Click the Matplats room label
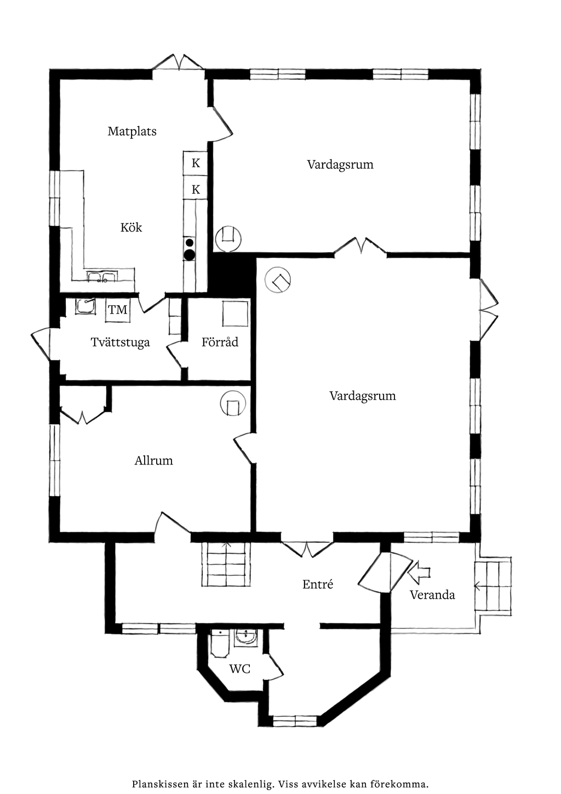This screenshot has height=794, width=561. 132,131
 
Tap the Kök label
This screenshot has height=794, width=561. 131,227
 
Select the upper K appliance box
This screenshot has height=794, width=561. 195,163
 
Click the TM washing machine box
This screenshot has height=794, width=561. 118,310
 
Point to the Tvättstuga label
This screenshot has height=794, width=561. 121,342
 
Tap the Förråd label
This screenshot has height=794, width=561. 220,342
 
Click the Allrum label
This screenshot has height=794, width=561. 154,461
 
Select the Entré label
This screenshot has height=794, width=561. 318,584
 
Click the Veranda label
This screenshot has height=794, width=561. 432,594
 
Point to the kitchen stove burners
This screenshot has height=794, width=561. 190,249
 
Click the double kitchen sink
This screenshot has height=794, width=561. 102,277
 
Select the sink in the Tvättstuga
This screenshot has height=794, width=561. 85,307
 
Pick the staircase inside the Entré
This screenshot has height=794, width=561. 226,564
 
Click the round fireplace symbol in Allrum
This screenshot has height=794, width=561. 233,403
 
